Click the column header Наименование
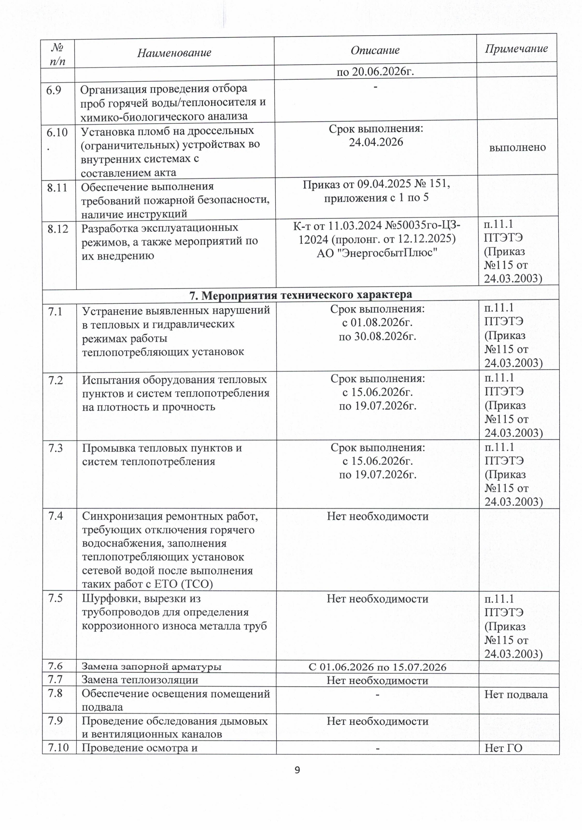point(174,53)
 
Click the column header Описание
point(375,50)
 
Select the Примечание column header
point(516,48)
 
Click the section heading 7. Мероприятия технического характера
point(300,294)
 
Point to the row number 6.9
point(54,89)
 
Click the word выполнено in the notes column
point(517,147)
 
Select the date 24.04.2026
point(376,142)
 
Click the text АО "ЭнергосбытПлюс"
point(377,252)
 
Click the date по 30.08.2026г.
point(377,336)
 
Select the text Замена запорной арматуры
point(151,667)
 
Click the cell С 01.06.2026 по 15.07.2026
point(377,667)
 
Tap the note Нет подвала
point(516,695)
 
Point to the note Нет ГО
point(503,748)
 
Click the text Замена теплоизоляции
point(140,680)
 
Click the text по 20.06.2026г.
point(376,72)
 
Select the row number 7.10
point(58,748)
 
